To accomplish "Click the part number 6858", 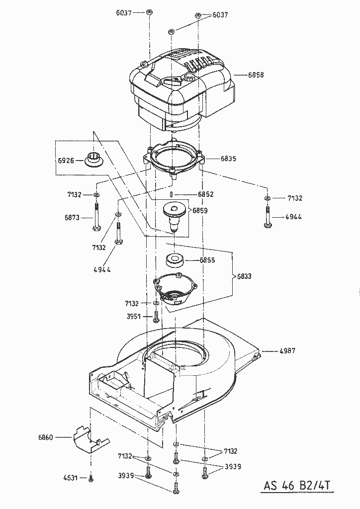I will (x=256, y=75).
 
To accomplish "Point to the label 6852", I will (x=206, y=194).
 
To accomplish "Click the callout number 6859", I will (x=200, y=210).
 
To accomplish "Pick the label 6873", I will (x=73, y=217).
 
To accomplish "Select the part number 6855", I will (x=207, y=260).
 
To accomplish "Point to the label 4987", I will (x=287, y=350).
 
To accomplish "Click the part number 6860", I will (x=46, y=437).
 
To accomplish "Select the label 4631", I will (x=70, y=478).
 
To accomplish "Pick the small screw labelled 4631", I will (x=90, y=478).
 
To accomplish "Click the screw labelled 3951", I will (x=156, y=316).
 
